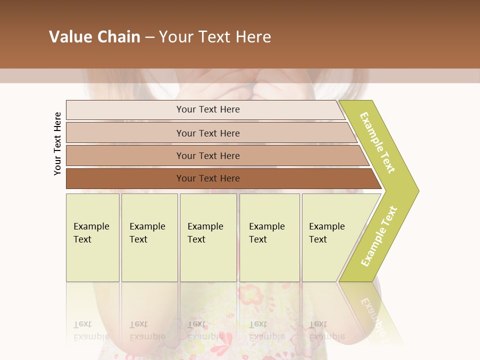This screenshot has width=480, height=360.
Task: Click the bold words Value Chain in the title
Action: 94,37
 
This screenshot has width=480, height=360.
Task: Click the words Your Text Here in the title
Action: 215,37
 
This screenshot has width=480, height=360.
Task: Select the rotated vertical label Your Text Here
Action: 58,144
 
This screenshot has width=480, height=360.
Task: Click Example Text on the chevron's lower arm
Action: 379,236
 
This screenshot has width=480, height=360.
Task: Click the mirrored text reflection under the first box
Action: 91,330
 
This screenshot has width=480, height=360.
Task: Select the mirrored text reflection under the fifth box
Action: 326,330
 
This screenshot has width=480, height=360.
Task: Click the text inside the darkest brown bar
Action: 208,178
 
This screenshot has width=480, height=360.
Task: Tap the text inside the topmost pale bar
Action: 208,109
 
